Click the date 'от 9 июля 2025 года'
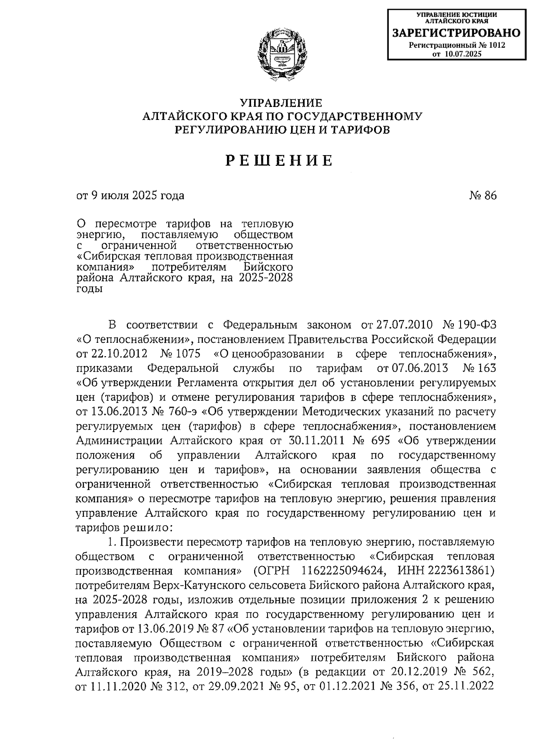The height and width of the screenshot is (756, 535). (130, 196)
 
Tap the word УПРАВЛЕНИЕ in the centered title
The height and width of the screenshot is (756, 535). (281, 103)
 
